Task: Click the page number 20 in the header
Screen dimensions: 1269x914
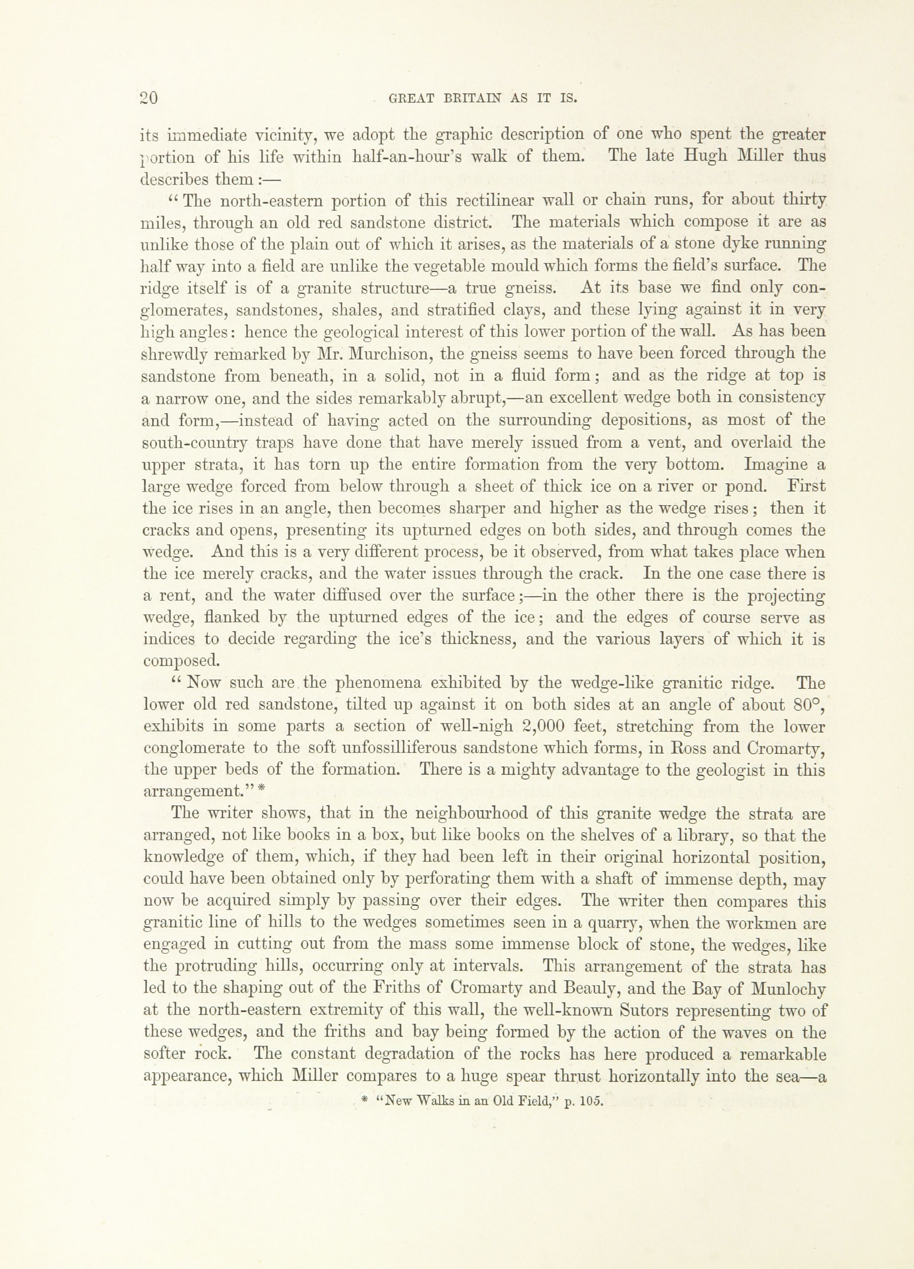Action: coord(148,98)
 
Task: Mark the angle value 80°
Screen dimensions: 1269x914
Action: coord(809,704)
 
